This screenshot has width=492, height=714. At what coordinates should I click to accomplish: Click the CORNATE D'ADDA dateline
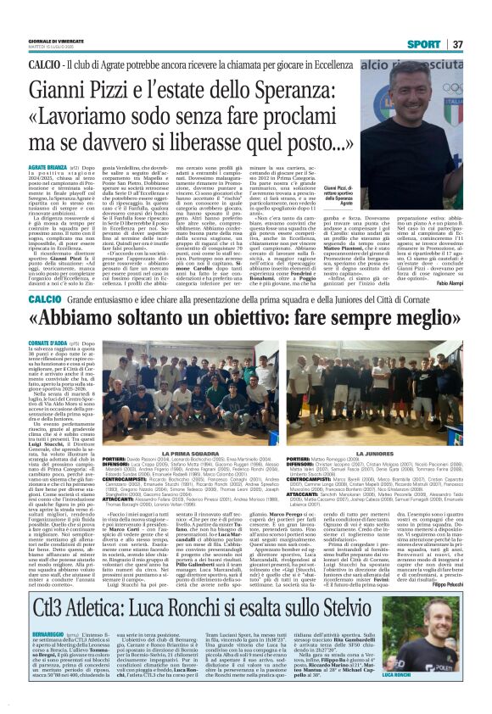point(48,322)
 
